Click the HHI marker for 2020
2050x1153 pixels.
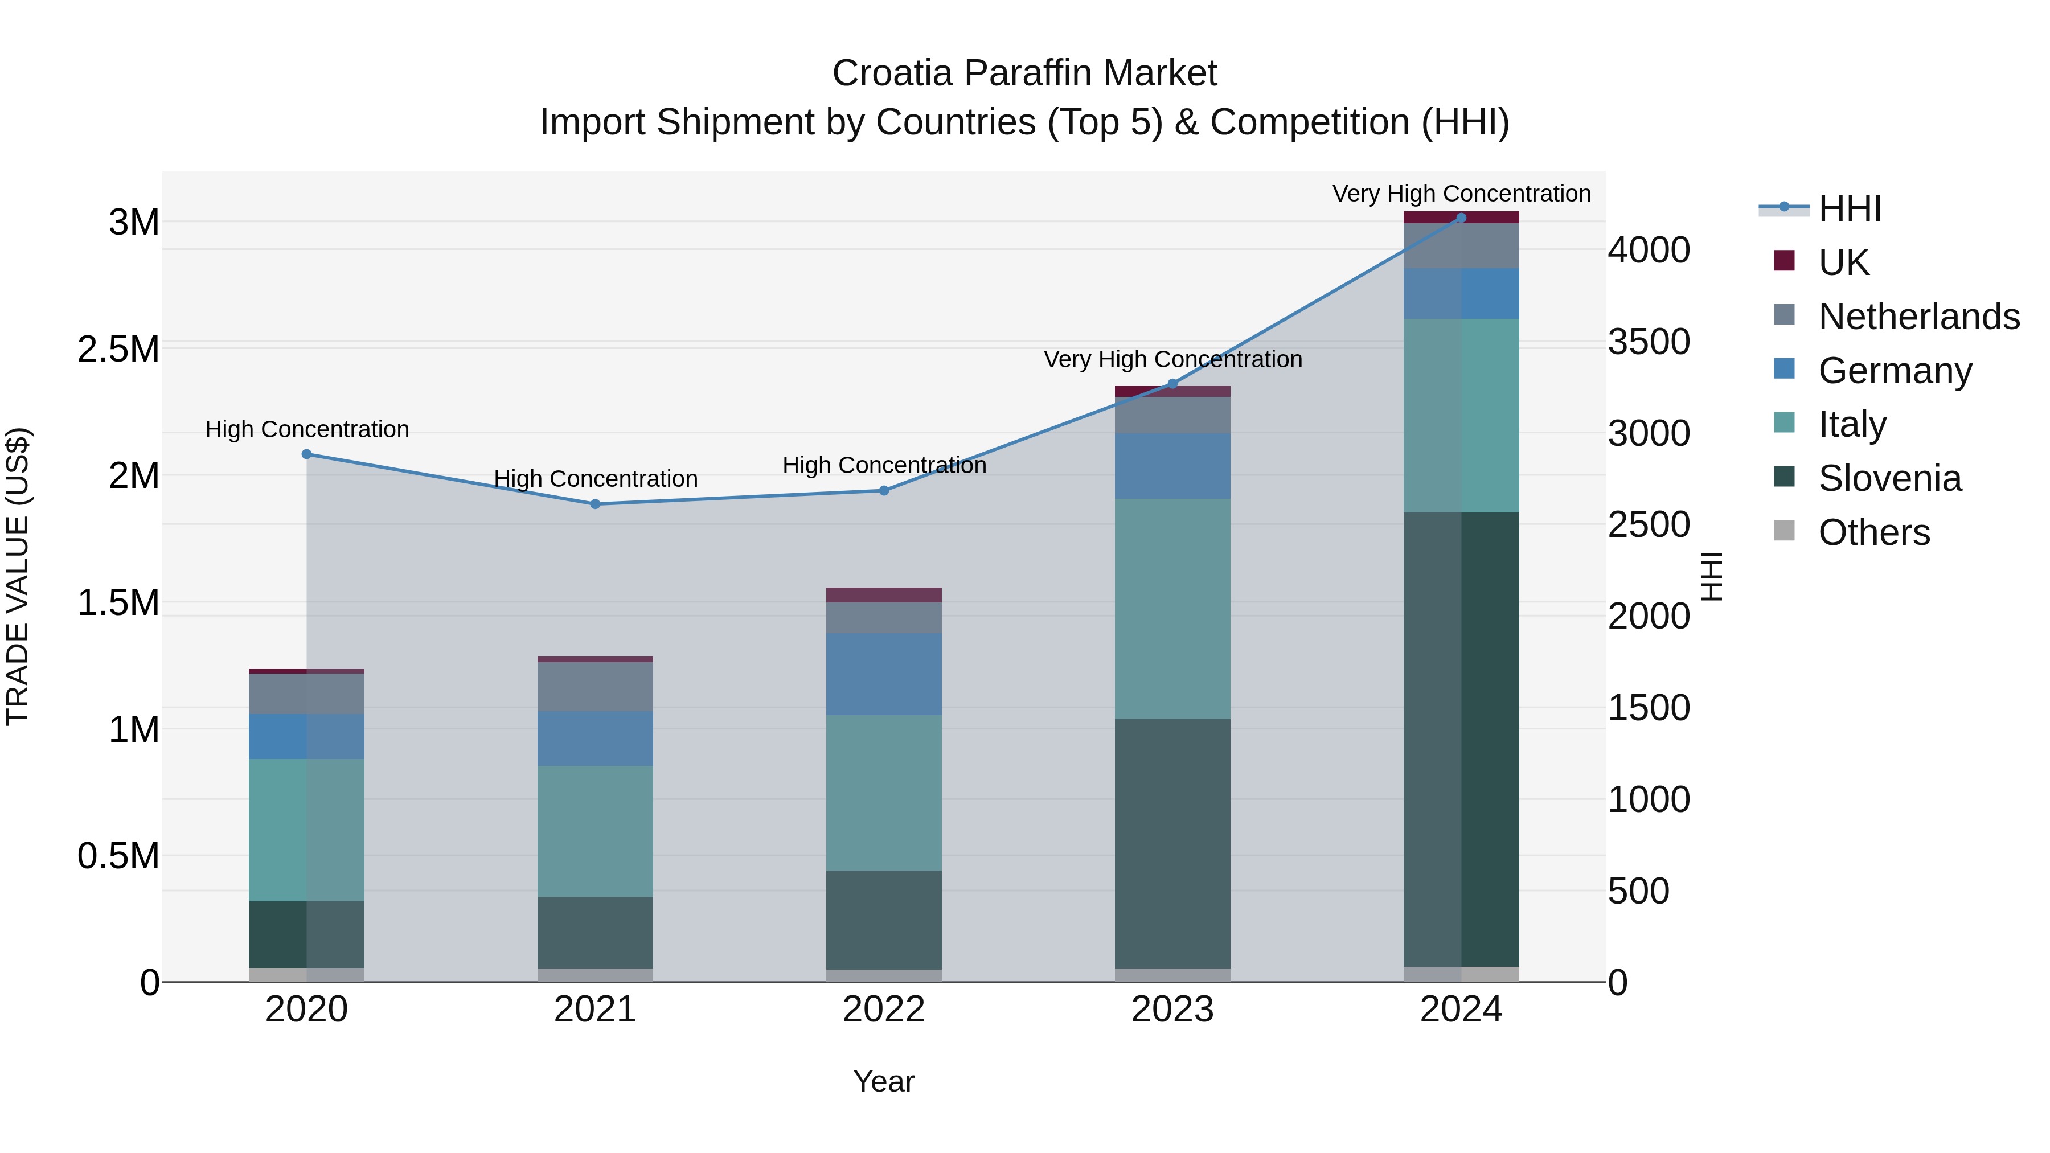306,454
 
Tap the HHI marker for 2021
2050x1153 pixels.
595,504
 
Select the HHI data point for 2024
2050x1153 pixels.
1460,218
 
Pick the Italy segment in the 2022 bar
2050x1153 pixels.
883,793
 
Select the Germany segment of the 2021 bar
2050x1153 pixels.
595,738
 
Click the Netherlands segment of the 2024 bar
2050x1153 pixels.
1460,246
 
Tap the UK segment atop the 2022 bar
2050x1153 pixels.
883,595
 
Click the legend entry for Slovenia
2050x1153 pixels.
1889,478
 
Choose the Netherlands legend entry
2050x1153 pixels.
1918,317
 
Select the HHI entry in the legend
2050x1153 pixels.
1850,208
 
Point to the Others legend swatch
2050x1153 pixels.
1784,531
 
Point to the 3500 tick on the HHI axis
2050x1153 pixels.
1648,342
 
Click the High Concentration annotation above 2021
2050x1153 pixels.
595,479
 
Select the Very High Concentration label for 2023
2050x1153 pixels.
1172,360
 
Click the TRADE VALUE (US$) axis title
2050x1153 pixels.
18,576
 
